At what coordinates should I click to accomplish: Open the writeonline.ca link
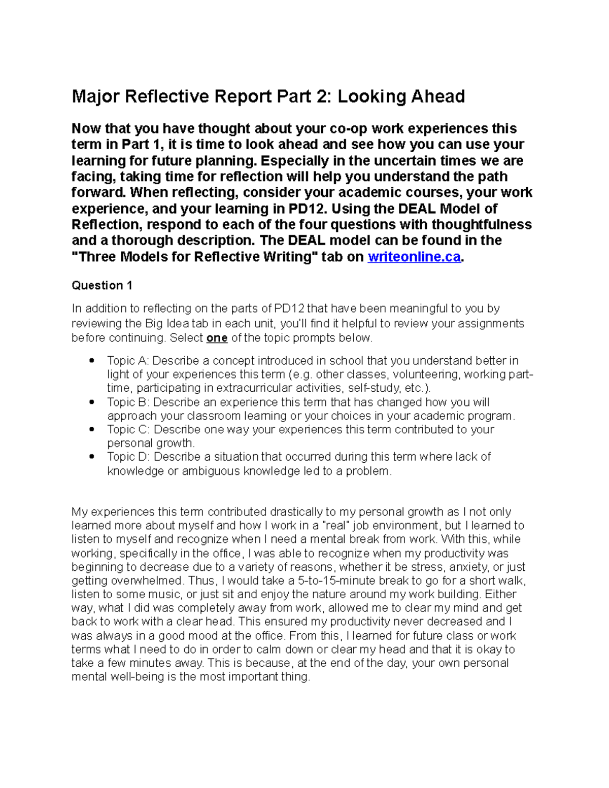pos(414,257)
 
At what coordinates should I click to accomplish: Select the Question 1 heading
pos(102,286)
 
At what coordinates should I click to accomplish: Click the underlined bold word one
pos(217,338)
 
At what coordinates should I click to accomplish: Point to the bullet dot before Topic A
pos(92,361)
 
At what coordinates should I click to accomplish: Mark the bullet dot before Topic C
pos(92,430)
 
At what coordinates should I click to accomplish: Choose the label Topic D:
pos(129,457)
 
